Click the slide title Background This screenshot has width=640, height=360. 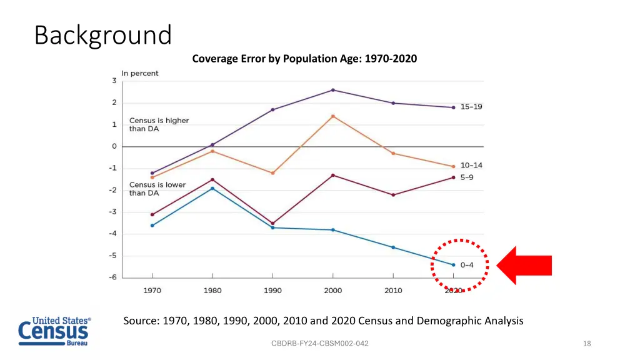(102, 36)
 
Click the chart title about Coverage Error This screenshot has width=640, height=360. (304, 59)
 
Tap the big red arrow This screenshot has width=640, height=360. (524, 266)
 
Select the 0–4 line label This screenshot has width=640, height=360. (467, 265)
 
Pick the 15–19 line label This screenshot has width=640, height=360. (471, 107)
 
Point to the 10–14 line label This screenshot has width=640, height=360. (471, 166)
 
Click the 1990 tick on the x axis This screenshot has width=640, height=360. (272, 291)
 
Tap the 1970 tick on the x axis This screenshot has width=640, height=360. (152, 291)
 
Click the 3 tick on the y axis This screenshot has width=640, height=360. (114, 81)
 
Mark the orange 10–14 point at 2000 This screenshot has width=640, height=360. (332, 116)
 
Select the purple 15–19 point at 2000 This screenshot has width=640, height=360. (332, 90)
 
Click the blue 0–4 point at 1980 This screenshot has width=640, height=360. (212, 188)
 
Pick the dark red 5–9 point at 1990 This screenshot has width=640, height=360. (272, 223)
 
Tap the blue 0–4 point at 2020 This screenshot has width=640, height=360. (453, 265)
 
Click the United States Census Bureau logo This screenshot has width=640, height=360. (54, 331)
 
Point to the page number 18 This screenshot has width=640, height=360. (586, 344)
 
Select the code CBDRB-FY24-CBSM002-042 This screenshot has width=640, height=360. (319, 344)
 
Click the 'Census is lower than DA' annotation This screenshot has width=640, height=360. (149, 189)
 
